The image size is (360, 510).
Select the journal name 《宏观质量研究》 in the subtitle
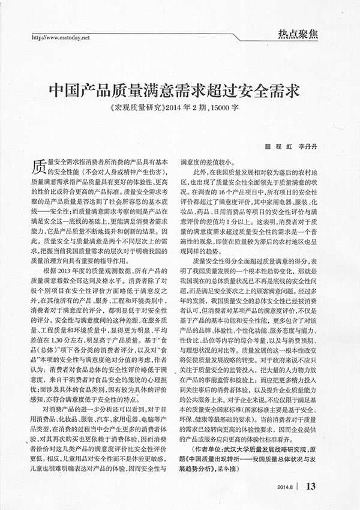coord(136,110)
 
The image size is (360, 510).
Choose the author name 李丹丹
coord(311,146)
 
